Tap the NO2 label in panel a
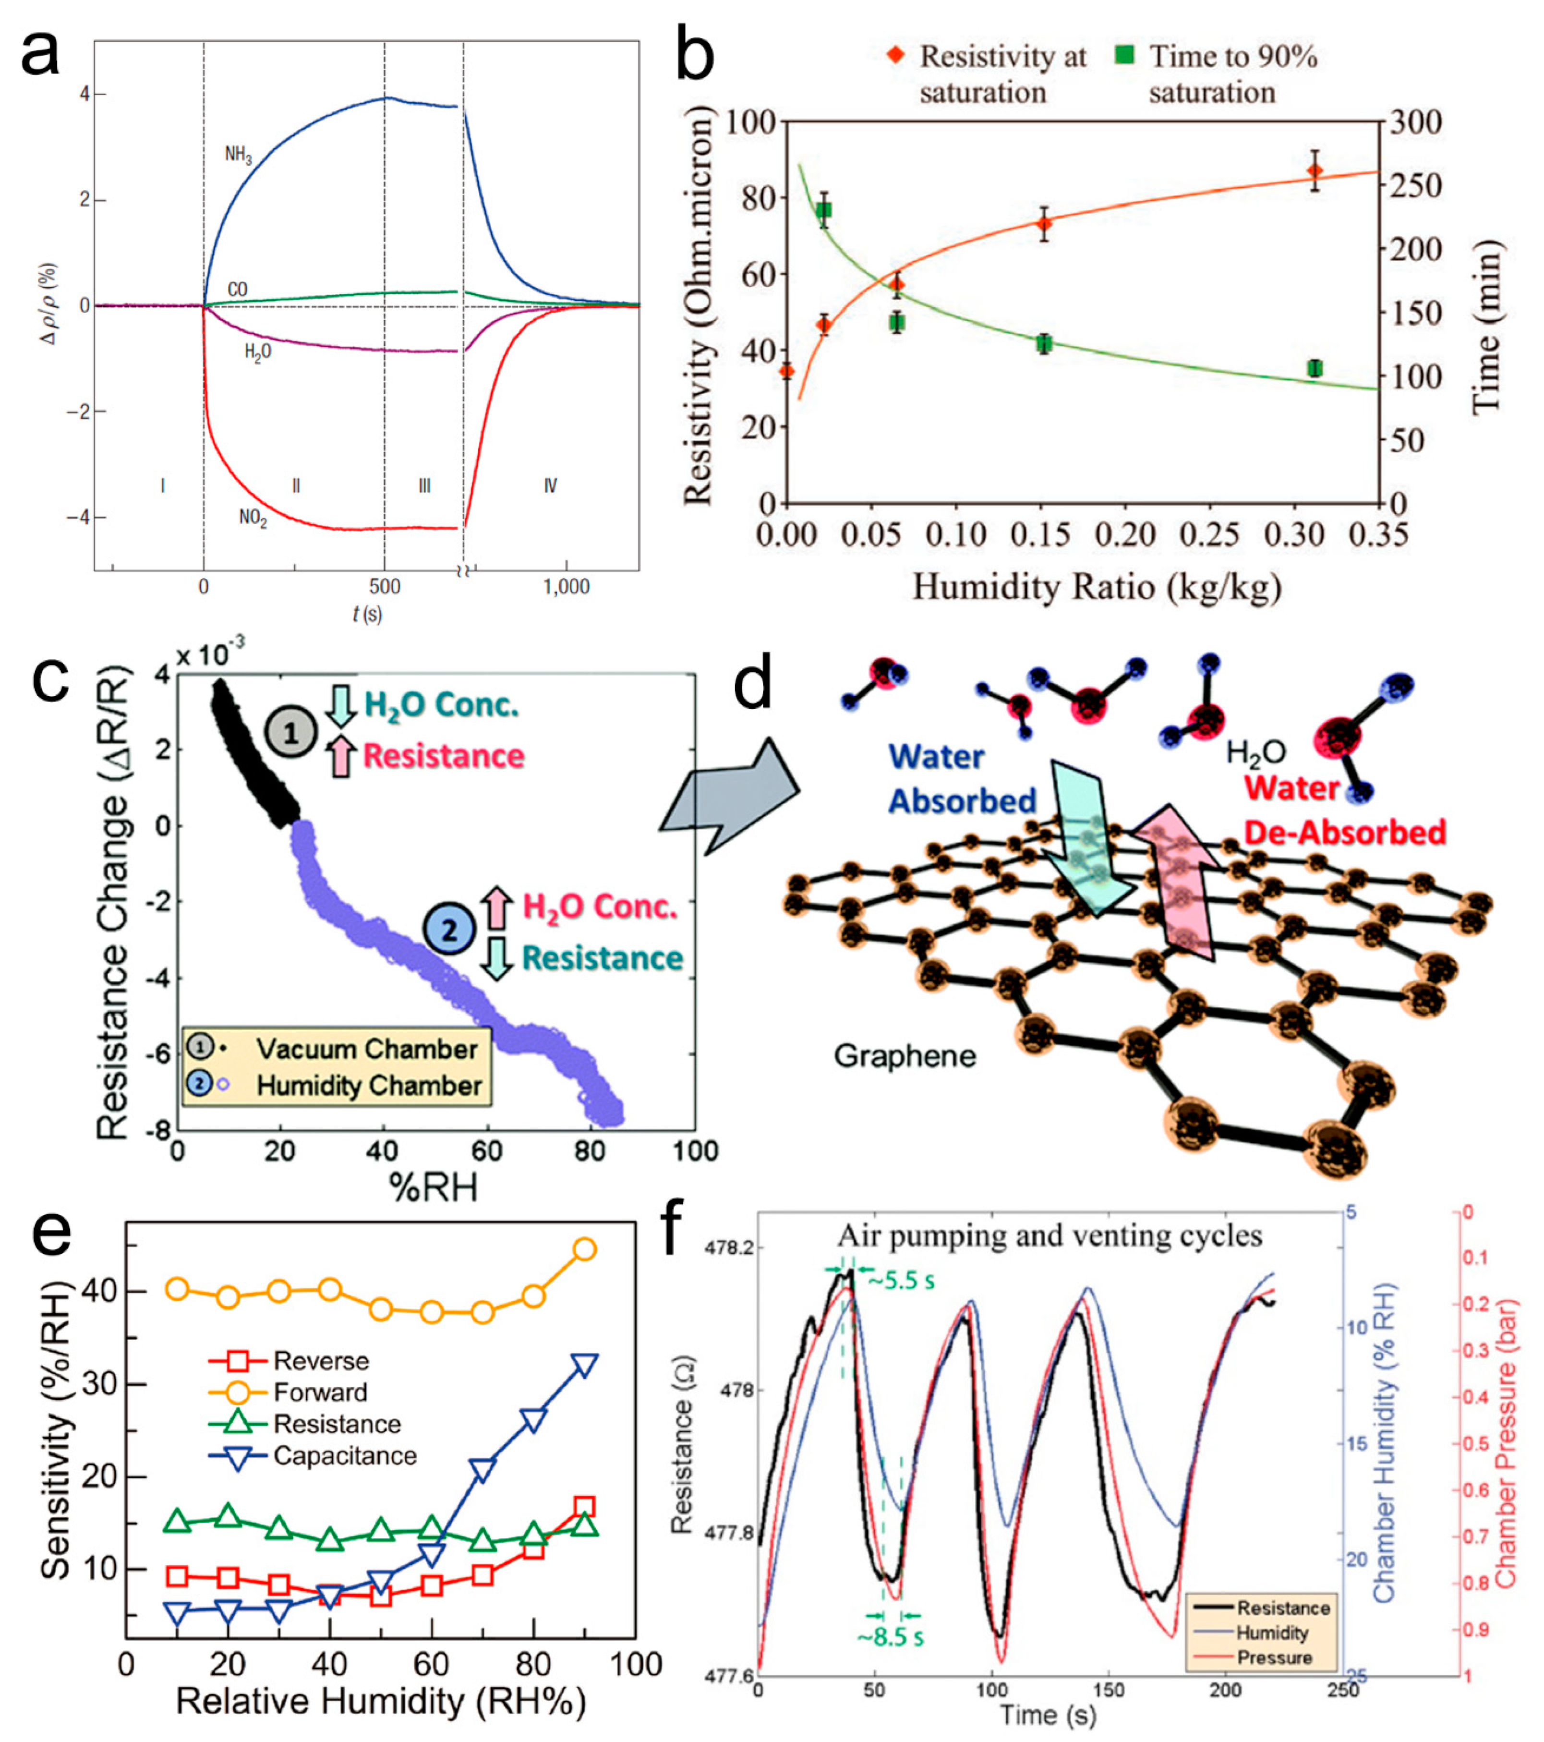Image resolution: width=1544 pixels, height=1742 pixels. click(252, 517)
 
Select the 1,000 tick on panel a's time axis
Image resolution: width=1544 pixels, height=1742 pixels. click(567, 586)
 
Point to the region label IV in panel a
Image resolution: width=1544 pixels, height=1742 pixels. click(551, 486)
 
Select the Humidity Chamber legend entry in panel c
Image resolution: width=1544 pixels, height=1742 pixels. click(368, 1086)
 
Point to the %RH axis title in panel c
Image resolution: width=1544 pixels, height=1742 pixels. click(433, 1187)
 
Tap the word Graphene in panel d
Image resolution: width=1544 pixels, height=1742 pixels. click(904, 1056)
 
